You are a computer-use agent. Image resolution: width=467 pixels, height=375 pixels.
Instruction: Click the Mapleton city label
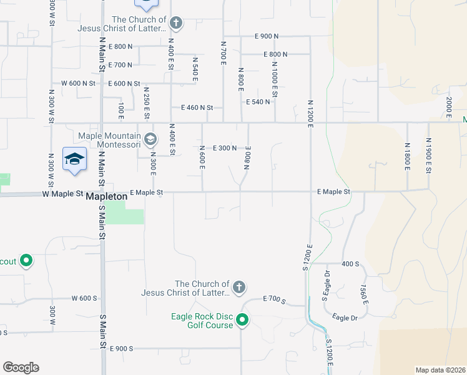click(x=106, y=196)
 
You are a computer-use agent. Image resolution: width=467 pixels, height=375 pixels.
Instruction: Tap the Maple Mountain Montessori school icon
click(x=150, y=138)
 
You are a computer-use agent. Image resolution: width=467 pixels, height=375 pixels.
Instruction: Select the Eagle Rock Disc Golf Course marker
click(x=242, y=321)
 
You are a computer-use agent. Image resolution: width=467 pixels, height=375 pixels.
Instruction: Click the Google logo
click(x=21, y=367)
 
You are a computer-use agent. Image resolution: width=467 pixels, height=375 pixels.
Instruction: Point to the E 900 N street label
click(x=267, y=36)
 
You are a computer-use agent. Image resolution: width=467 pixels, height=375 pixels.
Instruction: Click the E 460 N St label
click(x=197, y=107)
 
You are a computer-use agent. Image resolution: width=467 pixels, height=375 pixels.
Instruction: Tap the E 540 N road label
click(x=258, y=102)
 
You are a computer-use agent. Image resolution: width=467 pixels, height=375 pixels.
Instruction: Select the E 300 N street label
click(x=225, y=148)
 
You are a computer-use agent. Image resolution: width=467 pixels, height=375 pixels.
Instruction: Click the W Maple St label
click(x=62, y=194)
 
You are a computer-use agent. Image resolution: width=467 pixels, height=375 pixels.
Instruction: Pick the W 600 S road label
click(x=84, y=299)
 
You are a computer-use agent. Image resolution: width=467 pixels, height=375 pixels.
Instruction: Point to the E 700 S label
click(x=273, y=301)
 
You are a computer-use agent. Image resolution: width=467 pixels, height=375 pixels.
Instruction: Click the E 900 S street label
click(x=122, y=348)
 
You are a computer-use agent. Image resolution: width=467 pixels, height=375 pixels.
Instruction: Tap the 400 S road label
click(x=350, y=264)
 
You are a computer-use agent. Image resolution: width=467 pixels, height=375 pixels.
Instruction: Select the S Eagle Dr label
click(x=325, y=284)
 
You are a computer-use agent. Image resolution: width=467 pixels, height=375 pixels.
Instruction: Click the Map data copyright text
click(x=440, y=370)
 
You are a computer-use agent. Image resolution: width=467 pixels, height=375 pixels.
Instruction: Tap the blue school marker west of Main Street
click(x=74, y=159)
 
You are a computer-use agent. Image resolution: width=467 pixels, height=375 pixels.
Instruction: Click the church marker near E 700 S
click(x=238, y=287)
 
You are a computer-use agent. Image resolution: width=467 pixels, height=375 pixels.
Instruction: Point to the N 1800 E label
click(x=406, y=156)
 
